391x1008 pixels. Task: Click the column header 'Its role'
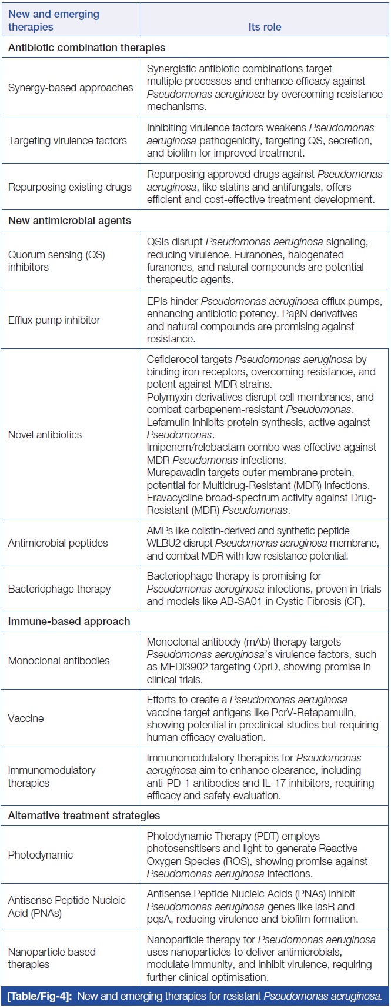pyautogui.click(x=265, y=27)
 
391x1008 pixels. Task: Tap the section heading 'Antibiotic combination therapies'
pyautogui.click(x=86, y=47)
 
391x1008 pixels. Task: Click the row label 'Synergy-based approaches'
pyautogui.click(x=71, y=88)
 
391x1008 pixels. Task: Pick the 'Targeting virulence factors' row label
pyautogui.click(x=68, y=141)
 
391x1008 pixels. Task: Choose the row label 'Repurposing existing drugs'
pyautogui.click(x=70, y=187)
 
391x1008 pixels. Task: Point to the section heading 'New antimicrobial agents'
pyautogui.click(x=69, y=221)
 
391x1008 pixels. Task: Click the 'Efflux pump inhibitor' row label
pyautogui.click(x=54, y=320)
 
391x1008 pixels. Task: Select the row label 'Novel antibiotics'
pyautogui.click(x=45, y=435)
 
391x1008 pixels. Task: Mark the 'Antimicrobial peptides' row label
pyautogui.click(x=58, y=543)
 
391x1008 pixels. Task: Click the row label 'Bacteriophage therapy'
pyautogui.click(x=59, y=589)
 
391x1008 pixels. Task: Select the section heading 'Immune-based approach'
pyautogui.click(x=69, y=621)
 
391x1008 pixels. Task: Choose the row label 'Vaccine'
pyautogui.click(x=26, y=718)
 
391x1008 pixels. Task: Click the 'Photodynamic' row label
pyautogui.click(x=40, y=855)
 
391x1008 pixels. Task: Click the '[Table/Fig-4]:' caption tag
pyautogui.click(x=41, y=996)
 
